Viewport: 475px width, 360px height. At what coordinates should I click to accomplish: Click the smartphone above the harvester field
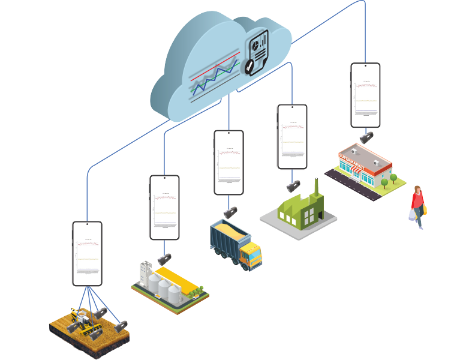tap(87, 253)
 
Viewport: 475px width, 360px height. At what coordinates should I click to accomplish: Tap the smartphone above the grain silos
tap(164, 207)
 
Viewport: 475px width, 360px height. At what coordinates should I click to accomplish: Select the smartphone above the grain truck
tap(229, 162)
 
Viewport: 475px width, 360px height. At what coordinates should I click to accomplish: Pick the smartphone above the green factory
tap(292, 136)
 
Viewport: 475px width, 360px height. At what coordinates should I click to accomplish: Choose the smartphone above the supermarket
tap(365, 95)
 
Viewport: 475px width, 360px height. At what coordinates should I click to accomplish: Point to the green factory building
tap(300, 210)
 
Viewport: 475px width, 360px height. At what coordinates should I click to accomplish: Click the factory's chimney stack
tap(315, 187)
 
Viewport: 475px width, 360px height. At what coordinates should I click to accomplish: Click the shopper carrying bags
tap(417, 207)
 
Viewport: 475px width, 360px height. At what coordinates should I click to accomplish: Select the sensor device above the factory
tap(293, 186)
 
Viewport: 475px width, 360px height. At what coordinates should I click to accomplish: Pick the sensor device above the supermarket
tap(366, 137)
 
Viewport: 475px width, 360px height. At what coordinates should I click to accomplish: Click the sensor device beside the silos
tap(164, 259)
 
